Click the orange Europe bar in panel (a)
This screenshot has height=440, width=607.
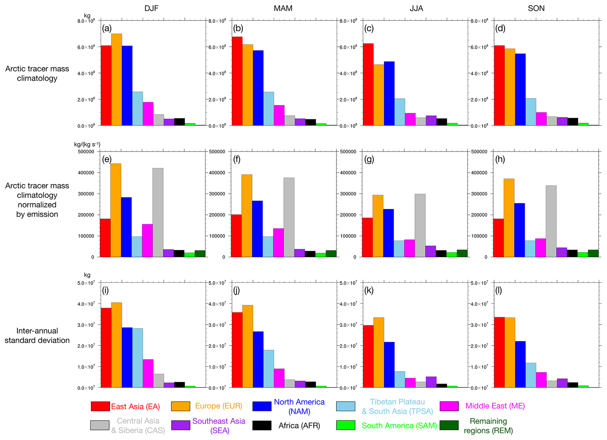pos(117,80)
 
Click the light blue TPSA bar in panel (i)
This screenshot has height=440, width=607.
pos(138,358)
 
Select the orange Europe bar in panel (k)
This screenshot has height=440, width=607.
pos(379,352)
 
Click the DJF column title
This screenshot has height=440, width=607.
pos(152,8)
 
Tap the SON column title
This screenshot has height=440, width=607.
pos(536,8)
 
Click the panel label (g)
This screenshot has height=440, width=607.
pos(369,159)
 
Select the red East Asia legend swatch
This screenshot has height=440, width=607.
pos(100,406)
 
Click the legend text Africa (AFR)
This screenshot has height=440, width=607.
pos(299,426)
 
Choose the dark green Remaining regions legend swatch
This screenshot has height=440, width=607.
pos(449,425)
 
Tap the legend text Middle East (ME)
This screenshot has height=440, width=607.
pos(495,406)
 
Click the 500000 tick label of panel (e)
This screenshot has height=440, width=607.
pos(86,152)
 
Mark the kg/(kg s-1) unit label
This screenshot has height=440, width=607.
pos(87,144)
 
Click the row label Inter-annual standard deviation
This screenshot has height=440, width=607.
pos(37,336)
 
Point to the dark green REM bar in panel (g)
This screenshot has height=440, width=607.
pos(462,253)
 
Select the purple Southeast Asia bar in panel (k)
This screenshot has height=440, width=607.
pos(431,382)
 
